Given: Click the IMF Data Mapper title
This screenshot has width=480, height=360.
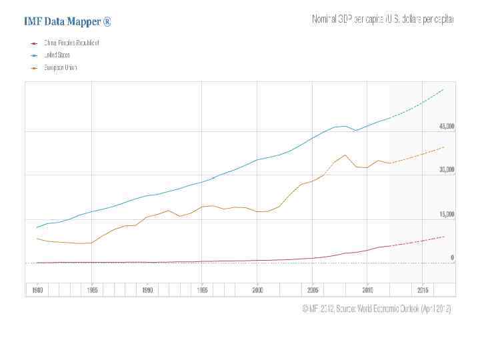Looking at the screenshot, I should click(67, 21).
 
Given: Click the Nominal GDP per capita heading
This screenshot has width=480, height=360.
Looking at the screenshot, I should click(383, 20).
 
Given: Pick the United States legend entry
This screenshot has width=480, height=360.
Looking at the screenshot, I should click(57, 55).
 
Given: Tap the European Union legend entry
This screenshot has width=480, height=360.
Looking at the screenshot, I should click(61, 68).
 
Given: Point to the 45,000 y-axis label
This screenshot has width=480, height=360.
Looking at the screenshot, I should click(446, 126).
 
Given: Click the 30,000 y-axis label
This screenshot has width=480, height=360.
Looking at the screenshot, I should click(446, 170).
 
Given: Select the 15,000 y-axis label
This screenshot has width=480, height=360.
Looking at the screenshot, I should click(446, 215).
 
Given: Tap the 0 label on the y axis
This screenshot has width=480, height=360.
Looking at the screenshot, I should click(452, 257).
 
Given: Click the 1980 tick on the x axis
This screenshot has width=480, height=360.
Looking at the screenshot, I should click(37, 290).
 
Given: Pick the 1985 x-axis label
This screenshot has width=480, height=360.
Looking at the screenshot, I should click(92, 290).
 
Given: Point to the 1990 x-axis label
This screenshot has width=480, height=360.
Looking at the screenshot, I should click(147, 290).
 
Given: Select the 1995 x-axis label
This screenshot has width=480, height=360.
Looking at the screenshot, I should click(203, 290).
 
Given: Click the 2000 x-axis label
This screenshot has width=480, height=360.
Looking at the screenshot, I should click(257, 290).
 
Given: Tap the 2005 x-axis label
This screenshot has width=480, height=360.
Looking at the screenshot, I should click(313, 290).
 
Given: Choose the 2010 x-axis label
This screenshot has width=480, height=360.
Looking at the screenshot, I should click(367, 290).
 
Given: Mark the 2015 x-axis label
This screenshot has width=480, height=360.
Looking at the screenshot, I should click(423, 290).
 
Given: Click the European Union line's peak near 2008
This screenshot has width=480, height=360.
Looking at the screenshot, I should click(345, 155).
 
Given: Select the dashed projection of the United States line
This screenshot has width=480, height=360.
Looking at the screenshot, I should click(420, 103).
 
